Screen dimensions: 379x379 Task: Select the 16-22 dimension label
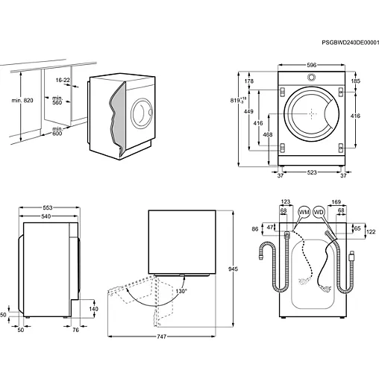(x=62, y=79)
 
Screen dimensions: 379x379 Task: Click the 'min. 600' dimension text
(x=53, y=131)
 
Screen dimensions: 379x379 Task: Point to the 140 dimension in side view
(x=93, y=308)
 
